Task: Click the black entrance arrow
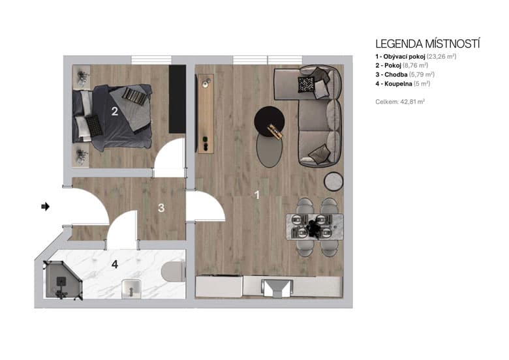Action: (45, 206)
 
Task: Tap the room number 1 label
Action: (256, 194)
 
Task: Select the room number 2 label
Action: (114, 112)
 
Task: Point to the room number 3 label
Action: (161, 208)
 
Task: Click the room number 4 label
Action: (114, 265)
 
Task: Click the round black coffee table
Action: (269, 119)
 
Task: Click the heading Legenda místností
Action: (427, 44)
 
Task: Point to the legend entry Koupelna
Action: (403, 84)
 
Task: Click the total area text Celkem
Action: (400, 102)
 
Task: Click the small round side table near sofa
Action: (333, 179)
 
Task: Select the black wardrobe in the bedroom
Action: (177, 98)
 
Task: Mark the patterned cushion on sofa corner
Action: (306, 83)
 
